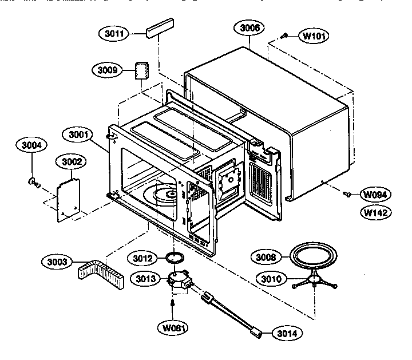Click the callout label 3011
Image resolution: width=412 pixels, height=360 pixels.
[x=114, y=33]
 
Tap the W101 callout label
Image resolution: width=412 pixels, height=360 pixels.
[x=315, y=36]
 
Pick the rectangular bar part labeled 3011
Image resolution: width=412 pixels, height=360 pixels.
[x=160, y=29]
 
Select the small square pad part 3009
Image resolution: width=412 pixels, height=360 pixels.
[x=141, y=71]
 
